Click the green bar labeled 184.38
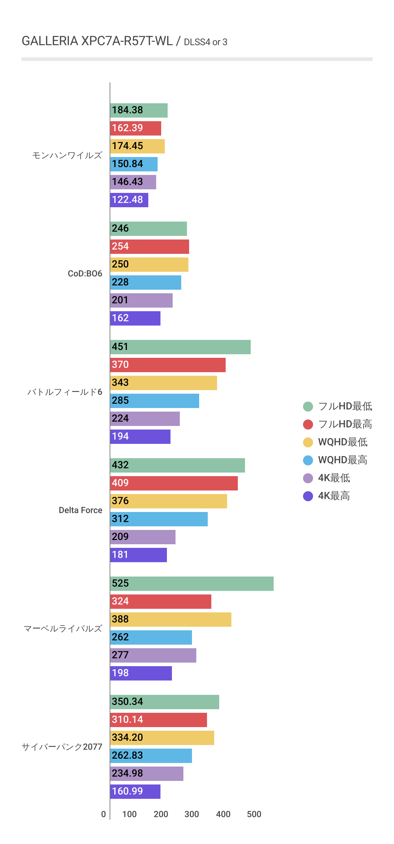139,110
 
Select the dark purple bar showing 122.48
129,200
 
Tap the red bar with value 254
149,247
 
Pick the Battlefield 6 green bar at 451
180,347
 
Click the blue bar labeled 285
154,401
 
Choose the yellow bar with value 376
168,501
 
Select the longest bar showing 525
192,584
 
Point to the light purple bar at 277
153,655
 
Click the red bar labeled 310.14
158,720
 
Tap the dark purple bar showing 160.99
135,792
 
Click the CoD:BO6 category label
85,274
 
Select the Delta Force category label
80,510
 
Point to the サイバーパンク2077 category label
62,747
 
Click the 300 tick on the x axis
192,814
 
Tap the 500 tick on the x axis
254,814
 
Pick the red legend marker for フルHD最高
308,425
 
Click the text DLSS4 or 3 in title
206,42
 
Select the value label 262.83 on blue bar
128,755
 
